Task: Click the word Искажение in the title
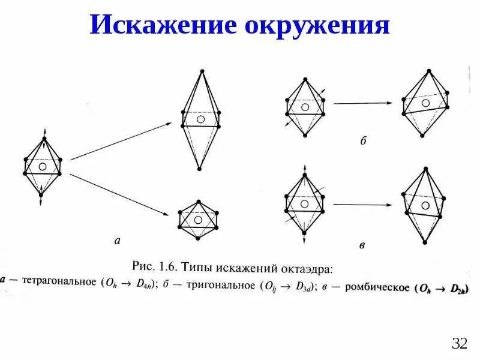[x=161, y=26]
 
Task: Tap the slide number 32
[x=459, y=344]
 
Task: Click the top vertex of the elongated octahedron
[x=202, y=71]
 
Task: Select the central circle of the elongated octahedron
[x=200, y=119]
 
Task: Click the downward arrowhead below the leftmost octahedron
[x=41, y=203]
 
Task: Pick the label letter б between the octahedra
[x=363, y=142]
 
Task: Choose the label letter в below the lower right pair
[x=362, y=245]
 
